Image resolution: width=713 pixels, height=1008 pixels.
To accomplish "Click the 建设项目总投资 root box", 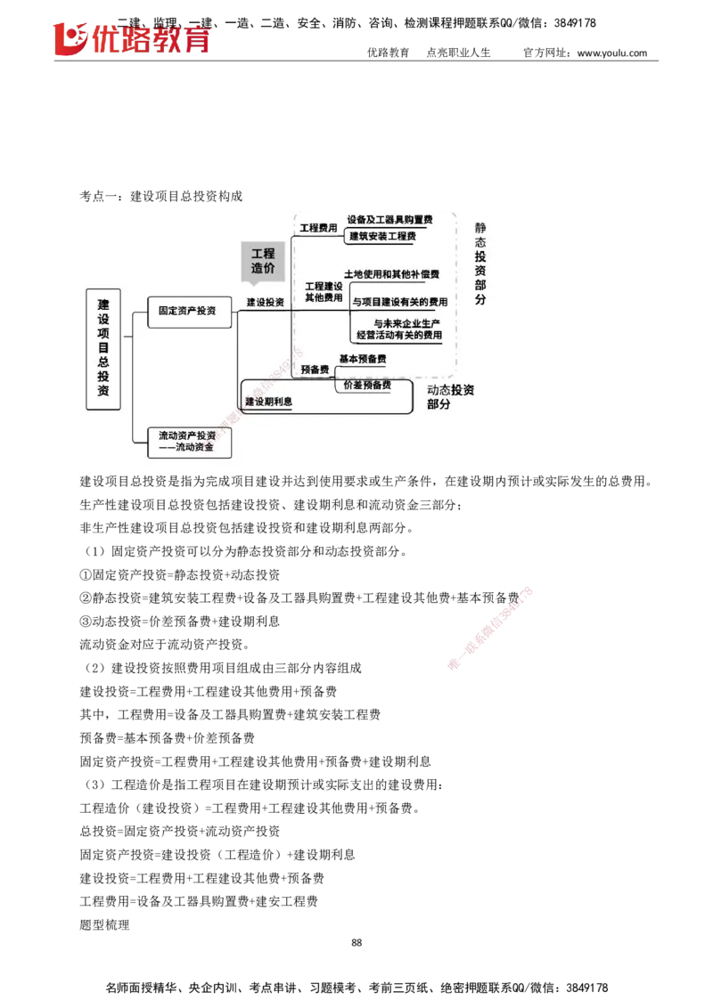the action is pyautogui.click(x=103, y=348).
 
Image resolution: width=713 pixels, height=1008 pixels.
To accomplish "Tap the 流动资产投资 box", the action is pyautogui.click(x=188, y=442).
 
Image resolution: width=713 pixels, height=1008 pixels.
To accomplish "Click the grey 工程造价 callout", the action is pyautogui.click(x=263, y=260).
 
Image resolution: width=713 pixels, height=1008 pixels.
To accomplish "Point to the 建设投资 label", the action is pyautogui.click(x=266, y=303).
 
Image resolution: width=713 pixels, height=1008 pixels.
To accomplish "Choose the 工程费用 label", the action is pyautogui.click(x=318, y=228).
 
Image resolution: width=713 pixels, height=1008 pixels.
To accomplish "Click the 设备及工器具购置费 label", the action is pyautogui.click(x=389, y=219).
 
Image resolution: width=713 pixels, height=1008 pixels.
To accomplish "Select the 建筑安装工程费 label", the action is pyautogui.click(x=382, y=236).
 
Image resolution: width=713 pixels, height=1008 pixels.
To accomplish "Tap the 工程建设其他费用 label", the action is pyautogui.click(x=324, y=292).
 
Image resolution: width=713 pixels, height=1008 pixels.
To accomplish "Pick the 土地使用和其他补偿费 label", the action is pyautogui.click(x=391, y=273).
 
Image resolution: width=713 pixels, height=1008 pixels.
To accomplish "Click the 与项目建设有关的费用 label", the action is pyautogui.click(x=400, y=303).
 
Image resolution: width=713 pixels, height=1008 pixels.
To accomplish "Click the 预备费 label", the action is pyautogui.click(x=315, y=369).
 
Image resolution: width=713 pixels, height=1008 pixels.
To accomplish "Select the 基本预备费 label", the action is pyautogui.click(x=362, y=358).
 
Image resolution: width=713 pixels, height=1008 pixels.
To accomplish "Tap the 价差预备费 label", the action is pyautogui.click(x=367, y=385).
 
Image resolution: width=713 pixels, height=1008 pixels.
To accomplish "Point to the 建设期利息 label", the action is pyautogui.click(x=268, y=402).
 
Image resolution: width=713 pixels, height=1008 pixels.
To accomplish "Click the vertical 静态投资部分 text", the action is pyautogui.click(x=481, y=264).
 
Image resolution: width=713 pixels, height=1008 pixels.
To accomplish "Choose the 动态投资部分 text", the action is pyautogui.click(x=450, y=396).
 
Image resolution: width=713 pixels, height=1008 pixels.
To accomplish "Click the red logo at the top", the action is pyautogui.click(x=134, y=40).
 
